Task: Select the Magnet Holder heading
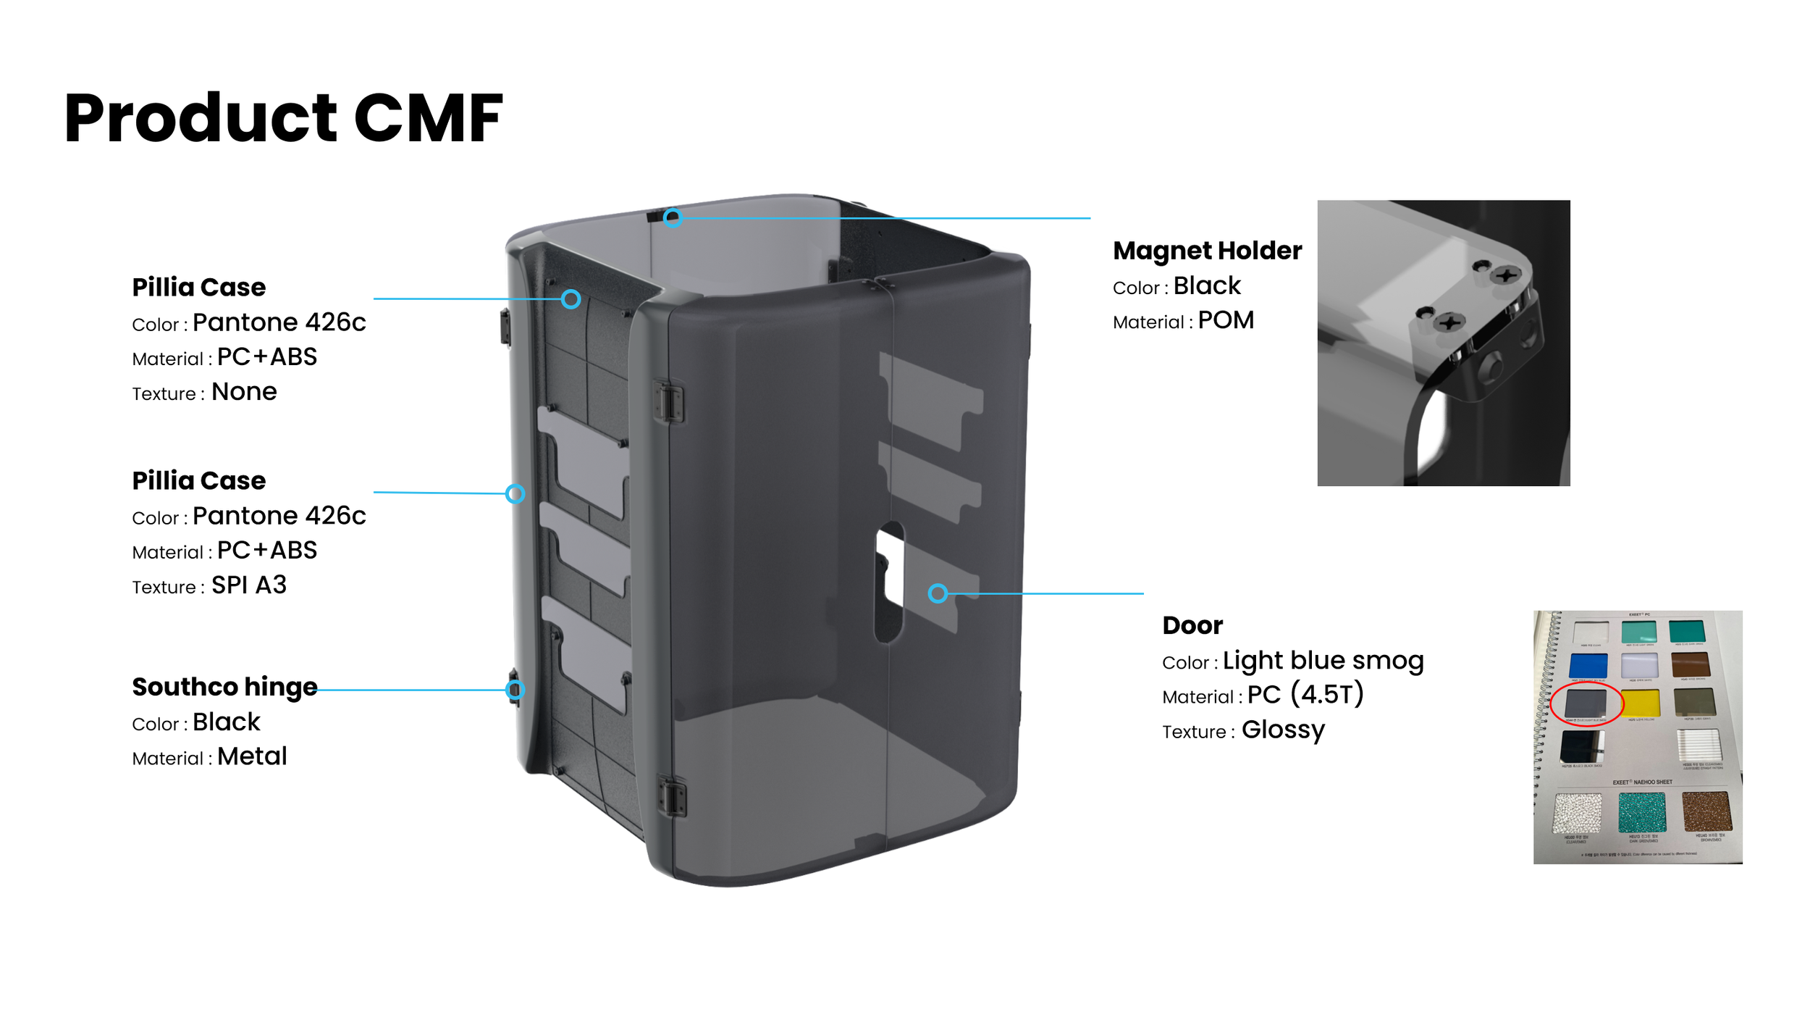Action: click(x=1207, y=251)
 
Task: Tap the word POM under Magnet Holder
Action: click(x=1226, y=320)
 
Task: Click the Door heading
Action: click(x=1192, y=625)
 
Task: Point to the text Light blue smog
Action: click(x=1323, y=660)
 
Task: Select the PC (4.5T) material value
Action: click(x=1305, y=694)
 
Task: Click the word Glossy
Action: click(x=1283, y=730)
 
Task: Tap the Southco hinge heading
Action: click(x=224, y=687)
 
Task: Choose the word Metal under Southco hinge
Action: click(x=252, y=756)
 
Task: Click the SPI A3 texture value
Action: click(x=249, y=585)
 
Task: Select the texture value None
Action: click(x=244, y=392)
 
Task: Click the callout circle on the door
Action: click(x=938, y=593)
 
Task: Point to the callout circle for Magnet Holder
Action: click(x=673, y=217)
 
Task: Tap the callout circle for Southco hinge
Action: click(x=515, y=689)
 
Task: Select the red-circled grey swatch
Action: click(x=1586, y=702)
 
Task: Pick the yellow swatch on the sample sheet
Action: click(x=1640, y=703)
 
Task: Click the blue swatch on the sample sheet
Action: click(x=1588, y=665)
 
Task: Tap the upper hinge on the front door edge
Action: click(x=669, y=401)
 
